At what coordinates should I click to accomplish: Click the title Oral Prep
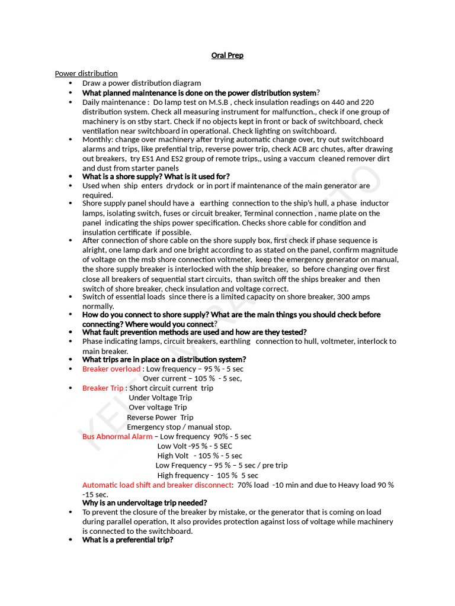pos(227,56)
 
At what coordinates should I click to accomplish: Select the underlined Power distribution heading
pos(86,73)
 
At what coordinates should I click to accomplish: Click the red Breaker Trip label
pos(103,388)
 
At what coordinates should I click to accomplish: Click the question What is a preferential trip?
pos(127,540)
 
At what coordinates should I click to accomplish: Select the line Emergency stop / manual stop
pos(179,427)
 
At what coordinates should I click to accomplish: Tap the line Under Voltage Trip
pos(160,398)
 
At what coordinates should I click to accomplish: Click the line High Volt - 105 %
pos(199,456)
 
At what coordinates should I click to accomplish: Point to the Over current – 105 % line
pos(192,378)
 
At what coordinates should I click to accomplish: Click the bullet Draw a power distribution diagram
pos(142,83)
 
